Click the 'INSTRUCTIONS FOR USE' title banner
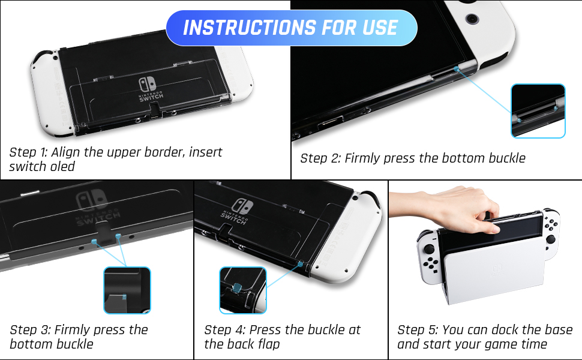[292, 28]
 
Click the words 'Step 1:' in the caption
[28, 152]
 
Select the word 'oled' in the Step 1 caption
[63, 166]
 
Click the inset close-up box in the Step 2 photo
[538, 110]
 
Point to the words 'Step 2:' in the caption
[320, 158]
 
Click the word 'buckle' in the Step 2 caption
[507, 158]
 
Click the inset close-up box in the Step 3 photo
[127, 290]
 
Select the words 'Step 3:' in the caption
[30, 330]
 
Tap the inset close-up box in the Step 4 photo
[243, 290]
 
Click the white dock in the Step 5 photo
[494, 272]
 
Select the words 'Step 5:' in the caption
[418, 330]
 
